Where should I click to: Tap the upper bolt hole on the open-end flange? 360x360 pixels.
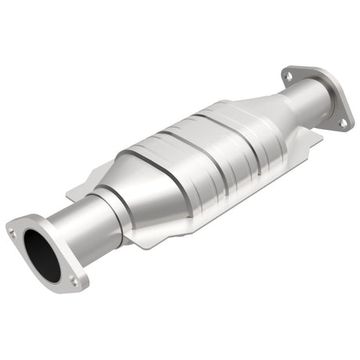click(x=12, y=231)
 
